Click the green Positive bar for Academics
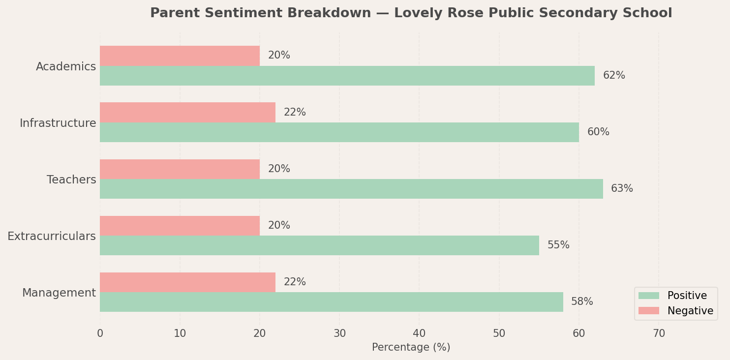pyautogui.click(x=347, y=76)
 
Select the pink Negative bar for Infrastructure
pyautogui.click(x=187, y=112)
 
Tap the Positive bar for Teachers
pyautogui.click(x=351, y=189)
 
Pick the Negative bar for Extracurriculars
pyautogui.click(x=180, y=226)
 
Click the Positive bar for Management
pyautogui.click(x=331, y=302)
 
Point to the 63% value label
pyautogui.click(x=622, y=189)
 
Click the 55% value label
pyautogui.click(x=558, y=245)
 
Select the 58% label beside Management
pyautogui.click(x=582, y=302)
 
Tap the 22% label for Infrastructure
pyautogui.click(x=295, y=113)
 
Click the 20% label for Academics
pyautogui.click(x=279, y=56)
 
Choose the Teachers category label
pyautogui.click(x=71, y=180)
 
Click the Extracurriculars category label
pyautogui.click(x=52, y=237)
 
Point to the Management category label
pyautogui.click(x=59, y=293)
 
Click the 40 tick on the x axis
pyautogui.click(x=419, y=333)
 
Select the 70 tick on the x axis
pyautogui.click(x=659, y=333)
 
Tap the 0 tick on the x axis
pyautogui.click(x=100, y=333)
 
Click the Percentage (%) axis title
pyautogui.click(x=411, y=347)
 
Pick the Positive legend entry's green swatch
pyautogui.click(x=648, y=296)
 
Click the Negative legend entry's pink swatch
pyautogui.click(x=648, y=311)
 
